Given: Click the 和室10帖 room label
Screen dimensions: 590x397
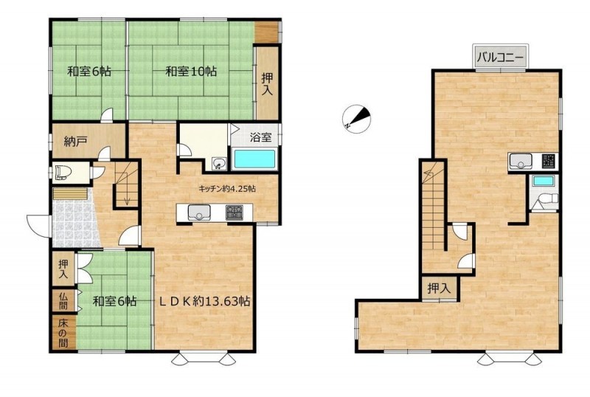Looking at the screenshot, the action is tap(191, 71).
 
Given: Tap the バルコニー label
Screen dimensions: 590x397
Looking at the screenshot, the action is tap(501, 58).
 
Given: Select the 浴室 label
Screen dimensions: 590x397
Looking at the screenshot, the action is tap(261, 137).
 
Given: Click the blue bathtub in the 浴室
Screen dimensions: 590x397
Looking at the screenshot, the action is tap(254, 159).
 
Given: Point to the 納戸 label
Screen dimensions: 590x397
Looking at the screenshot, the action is tap(76, 142).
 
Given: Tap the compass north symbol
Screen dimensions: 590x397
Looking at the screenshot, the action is tap(356, 119).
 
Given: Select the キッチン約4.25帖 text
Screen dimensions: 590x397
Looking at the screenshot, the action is tap(227, 189).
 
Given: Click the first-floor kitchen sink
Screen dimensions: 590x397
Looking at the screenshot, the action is tap(199, 213).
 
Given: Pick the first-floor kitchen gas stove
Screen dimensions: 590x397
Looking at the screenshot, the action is tap(234, 213).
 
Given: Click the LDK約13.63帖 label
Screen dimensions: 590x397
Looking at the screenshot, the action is tap(204, 301).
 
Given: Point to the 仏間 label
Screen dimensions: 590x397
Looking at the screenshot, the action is tap(63, 300).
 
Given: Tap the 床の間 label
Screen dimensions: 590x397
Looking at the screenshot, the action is tap(63, 333).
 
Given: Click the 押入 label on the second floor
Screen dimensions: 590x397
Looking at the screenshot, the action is tap(439, 289).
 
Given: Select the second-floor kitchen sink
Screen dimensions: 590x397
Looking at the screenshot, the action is tap(521, 162).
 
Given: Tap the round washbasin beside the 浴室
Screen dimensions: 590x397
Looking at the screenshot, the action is tap(218, 164).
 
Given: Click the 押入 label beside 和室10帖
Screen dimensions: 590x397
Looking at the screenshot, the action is tap(267, 83).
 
